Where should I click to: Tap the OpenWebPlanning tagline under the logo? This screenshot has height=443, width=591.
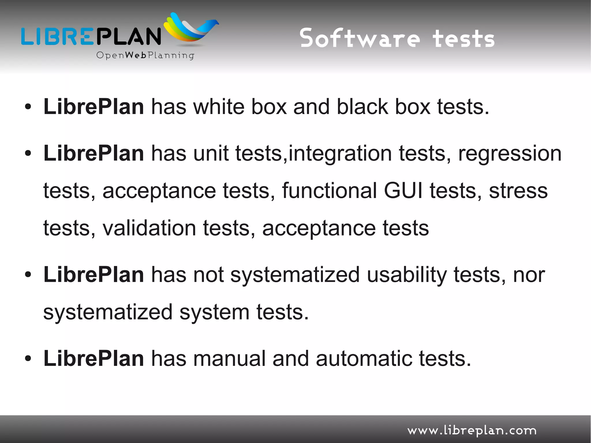pyautogui.click(x=145, y=55)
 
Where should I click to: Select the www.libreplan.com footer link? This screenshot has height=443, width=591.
pyautogui.click(x=472, y=431)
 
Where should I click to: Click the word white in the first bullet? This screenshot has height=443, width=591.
pyautogui.click(x=218, y=107)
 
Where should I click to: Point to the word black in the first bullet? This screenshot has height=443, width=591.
pyautogui.click(x=362, y=107)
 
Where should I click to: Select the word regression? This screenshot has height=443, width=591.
pyautogui.click(x=510, y=154)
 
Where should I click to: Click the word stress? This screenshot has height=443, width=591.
pyautogui.click(x=518, y=191)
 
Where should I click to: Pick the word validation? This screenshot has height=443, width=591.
pyautogui.click(x=149, y=228)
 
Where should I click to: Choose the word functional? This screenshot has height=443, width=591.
pyautogui.click(x=329, y=191)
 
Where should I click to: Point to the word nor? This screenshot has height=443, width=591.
pyautogui.click(x=529, y=275)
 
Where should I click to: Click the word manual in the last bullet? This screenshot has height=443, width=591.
pyautogui.click(x=229, y=358)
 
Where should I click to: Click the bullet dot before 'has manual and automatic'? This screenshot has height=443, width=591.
pyautogui.click(x=28, y=359)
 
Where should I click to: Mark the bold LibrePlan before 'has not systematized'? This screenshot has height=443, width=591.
pyautogui.click(x=93, y=275)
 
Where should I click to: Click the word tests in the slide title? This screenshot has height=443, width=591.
pyautogui.click(x=463, y=38)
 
